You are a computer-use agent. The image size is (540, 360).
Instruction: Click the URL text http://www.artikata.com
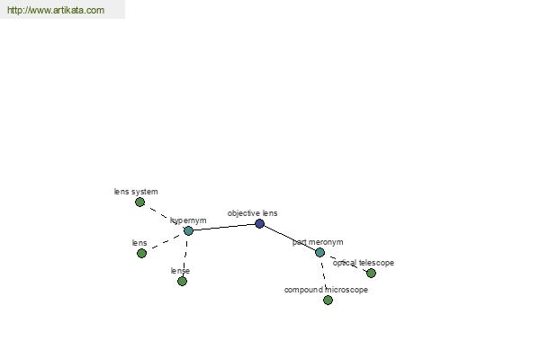coord(55,10)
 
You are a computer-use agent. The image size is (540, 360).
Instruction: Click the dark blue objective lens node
coord(259,223)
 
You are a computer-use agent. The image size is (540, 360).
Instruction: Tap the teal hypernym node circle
coord(188,230)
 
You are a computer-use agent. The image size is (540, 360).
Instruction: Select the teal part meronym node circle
coord(319,252)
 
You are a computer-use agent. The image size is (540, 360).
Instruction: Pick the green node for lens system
coord(139,202)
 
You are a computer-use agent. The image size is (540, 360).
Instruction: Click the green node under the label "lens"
coord(141,253)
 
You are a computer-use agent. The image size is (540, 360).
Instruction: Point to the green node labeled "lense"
coord(182,281)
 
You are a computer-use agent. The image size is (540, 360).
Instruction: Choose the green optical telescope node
coord(371,273)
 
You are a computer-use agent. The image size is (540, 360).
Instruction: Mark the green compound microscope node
coord(328,300)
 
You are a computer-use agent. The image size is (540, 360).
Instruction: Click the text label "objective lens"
coord(252,213)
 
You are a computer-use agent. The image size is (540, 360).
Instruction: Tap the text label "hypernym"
coord(188,220)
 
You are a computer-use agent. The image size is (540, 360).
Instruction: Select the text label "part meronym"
coord(317,242)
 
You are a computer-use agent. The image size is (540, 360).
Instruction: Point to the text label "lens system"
coord(136,192)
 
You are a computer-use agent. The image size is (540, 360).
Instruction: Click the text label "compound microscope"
coord(326,290)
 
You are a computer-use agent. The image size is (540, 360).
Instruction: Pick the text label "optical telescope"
coord(363,263)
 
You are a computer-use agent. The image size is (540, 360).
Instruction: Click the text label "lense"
coord(180,271)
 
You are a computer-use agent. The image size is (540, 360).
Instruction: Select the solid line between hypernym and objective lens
coord(223,227)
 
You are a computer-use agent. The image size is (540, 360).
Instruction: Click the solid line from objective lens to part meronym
coord(289,238)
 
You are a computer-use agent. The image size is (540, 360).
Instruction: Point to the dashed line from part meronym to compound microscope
coord(323,274)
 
